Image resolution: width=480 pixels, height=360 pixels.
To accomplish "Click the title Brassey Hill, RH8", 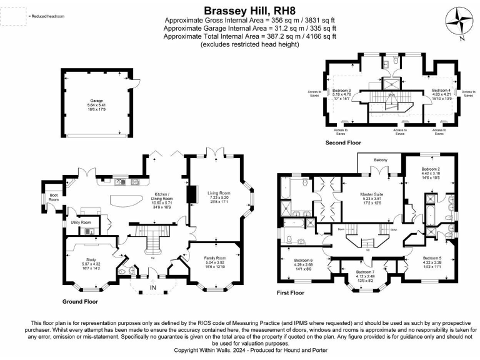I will pos(239,10).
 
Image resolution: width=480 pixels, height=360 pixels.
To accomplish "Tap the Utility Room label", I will pos(81,222).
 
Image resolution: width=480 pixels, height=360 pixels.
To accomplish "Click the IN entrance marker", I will pos(152,287).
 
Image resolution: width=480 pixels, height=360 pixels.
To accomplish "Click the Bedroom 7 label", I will pos(366,272).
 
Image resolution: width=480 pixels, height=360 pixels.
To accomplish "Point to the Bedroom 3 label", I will pos(341,91).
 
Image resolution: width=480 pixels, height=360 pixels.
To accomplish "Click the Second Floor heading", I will pos(343,143).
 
